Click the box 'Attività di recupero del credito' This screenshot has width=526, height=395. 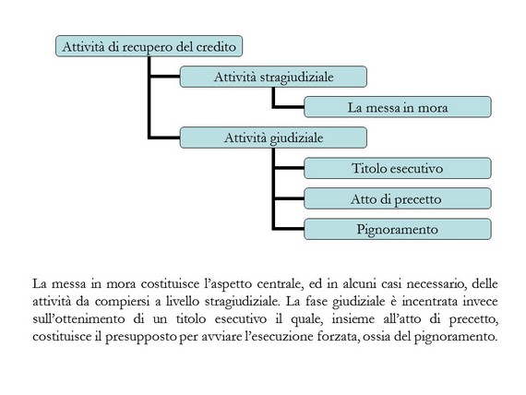(149, 46)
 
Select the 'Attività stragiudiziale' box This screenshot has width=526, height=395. (273, 77)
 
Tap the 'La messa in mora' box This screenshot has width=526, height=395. (398, 107)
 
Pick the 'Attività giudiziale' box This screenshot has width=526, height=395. (273, 138)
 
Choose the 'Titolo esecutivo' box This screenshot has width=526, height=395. (398, 168)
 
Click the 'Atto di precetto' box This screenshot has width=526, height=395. (398, 198)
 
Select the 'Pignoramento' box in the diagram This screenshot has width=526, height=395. (398, 229)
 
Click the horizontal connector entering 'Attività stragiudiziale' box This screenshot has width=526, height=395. (164, 77)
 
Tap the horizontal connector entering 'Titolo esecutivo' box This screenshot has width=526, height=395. (289, 168)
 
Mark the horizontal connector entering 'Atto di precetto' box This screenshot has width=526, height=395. (289, 198)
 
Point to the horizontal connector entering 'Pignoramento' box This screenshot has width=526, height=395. (289, 229)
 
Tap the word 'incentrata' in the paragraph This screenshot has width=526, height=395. (430, 302)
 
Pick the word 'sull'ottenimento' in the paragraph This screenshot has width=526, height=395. (78, 318)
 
